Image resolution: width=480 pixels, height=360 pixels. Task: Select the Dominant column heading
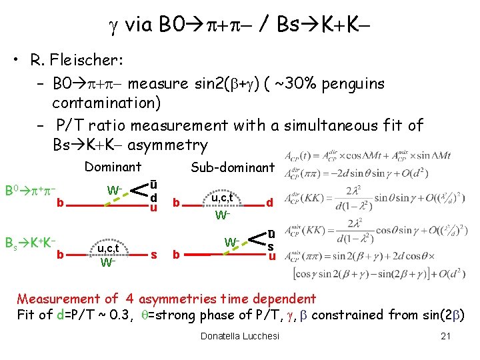113,167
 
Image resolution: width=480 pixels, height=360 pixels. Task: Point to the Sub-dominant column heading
232,167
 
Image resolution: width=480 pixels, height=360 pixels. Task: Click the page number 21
446,336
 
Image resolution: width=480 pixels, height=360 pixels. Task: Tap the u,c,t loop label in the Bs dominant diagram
108,249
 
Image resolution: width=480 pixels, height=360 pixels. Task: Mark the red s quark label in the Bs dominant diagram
154,254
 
